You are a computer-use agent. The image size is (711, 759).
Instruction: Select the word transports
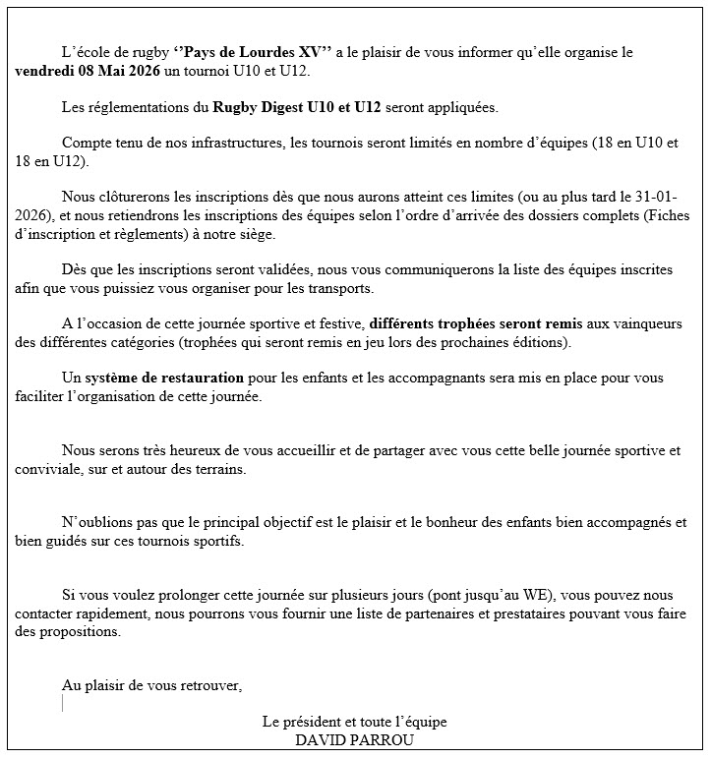click(x=342, y=288)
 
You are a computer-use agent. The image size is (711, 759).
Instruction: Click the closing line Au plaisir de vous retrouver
click(x=151, y=685)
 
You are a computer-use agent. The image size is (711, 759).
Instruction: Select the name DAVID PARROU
click(x=354, y=740)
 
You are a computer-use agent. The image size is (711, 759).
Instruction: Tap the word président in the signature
click(x=314, y=723)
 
